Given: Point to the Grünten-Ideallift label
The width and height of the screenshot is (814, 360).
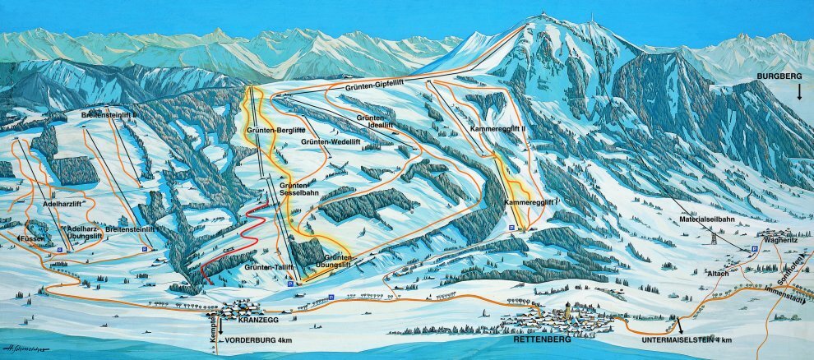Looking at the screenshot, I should (373, 123).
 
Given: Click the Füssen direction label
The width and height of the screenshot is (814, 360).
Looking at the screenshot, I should (31, 238).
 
